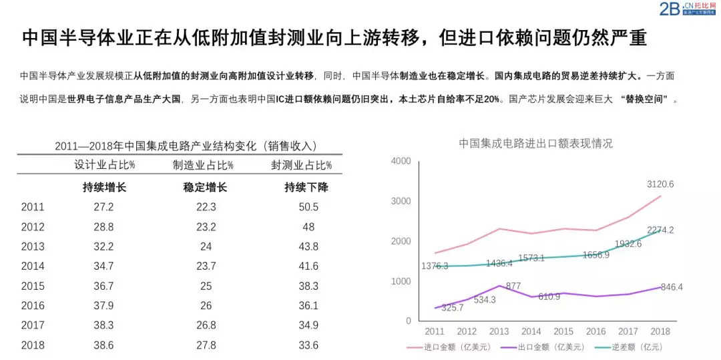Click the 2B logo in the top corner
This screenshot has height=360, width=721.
click(x=669, y=9)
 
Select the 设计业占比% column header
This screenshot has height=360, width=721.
click(x=104, y=165)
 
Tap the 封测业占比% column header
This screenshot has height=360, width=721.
click(x=301, y=165)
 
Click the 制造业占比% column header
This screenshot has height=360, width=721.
click(x=203, y=165)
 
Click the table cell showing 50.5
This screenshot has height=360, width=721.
click(x=308, y=207)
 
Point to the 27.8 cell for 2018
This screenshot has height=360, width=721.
click(x=206, y=345)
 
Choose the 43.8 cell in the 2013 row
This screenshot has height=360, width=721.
click(x=308, y=246)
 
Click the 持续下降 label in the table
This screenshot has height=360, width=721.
click(x=306, y=187)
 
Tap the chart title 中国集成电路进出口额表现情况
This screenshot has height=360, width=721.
click(x=535, y=143)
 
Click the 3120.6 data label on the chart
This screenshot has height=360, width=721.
click(x=660, y=184)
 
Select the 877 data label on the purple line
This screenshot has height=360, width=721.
click(x=513, y=287)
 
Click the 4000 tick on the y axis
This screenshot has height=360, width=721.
click(x=401, y=161)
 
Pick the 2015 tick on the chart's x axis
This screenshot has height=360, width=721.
click(x=563, y=331)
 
